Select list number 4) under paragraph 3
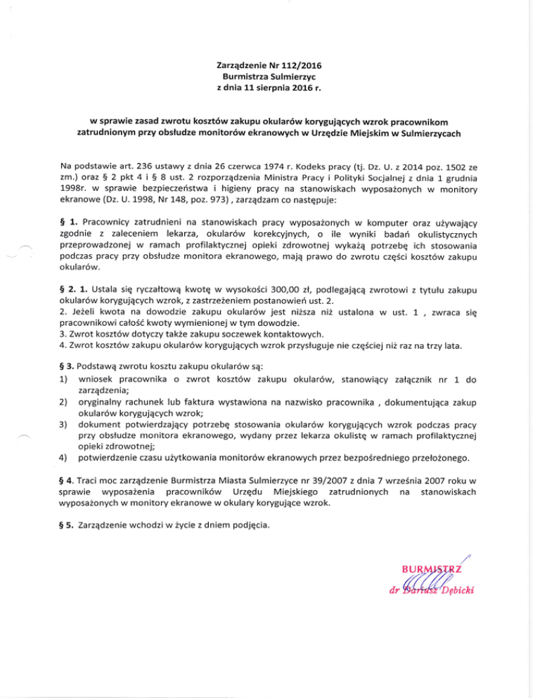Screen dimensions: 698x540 67,459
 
